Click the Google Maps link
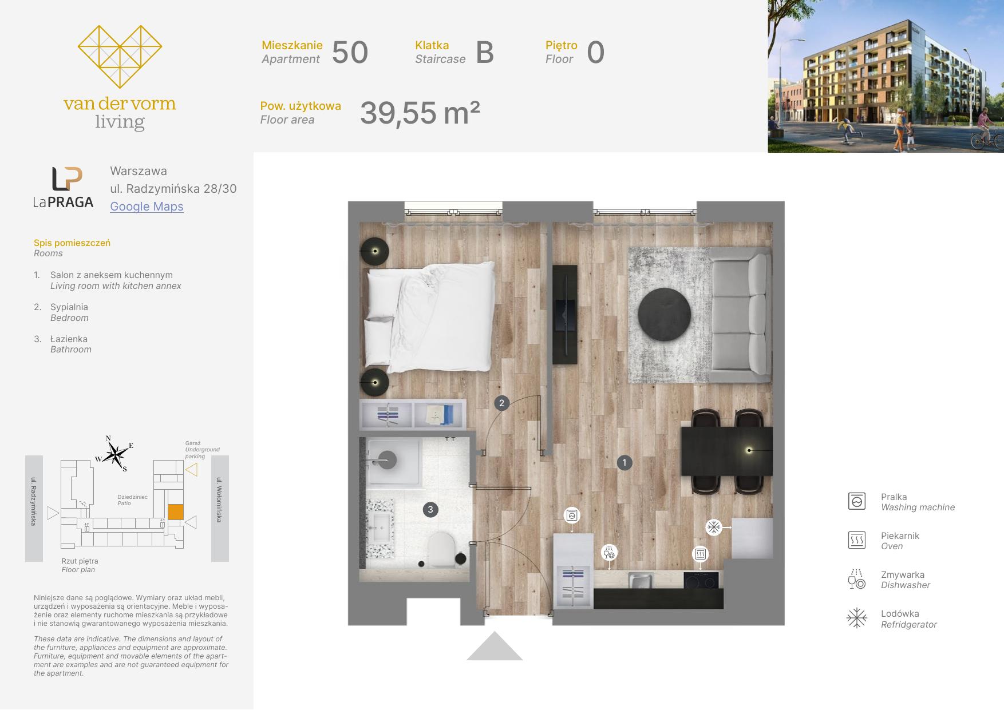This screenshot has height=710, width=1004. [147, 207]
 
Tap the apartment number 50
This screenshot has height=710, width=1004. [350, 53]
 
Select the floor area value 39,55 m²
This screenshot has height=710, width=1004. [420, 113]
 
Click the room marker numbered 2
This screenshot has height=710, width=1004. [501, 403]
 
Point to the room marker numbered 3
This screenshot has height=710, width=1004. [430, 510]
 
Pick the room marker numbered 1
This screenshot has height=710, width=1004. [624, 462]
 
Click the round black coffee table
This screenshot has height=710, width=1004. [665, 315]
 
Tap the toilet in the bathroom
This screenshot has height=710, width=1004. [442, 549]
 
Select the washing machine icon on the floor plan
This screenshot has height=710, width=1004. [572, 515]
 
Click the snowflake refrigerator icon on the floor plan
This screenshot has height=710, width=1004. [714, 527]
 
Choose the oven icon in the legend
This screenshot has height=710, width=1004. [857, 540]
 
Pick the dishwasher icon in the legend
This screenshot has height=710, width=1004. [856, 579]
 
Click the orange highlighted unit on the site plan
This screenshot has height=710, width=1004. [176, 511]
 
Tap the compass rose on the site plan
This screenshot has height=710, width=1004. [116, 455]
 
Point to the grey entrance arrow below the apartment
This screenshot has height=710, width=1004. [495, 646]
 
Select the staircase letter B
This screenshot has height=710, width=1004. [485, 53]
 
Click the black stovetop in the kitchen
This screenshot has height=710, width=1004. [701, 580]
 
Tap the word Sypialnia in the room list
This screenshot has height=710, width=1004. [69, 307]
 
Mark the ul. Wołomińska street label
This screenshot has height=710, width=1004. [219, 499]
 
